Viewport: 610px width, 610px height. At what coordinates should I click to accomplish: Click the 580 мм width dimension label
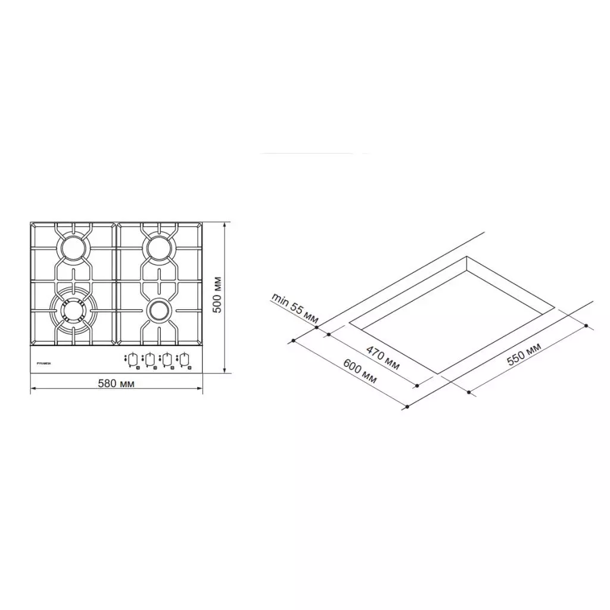[x=116, y=384]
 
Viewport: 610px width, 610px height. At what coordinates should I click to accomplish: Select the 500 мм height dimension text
[x=217, y=295]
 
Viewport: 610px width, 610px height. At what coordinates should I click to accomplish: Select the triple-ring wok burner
[x=73, y=310]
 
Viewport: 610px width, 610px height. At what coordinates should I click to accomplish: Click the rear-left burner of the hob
[x=73, y=247]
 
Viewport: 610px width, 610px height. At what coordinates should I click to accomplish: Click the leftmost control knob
[x=133, y=359]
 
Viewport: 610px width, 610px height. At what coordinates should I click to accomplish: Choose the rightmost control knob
[x=186, y=359]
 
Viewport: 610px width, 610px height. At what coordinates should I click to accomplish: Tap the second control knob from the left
[x=151, y=359]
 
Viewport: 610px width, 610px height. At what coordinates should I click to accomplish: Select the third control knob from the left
[x=169, y=359]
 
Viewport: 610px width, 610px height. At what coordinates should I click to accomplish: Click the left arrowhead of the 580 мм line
[x=32, y=388]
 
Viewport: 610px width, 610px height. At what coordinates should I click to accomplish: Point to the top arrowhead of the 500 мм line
[x=225, y=225]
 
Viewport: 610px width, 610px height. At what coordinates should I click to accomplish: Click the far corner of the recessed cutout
[x=467, y=257]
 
